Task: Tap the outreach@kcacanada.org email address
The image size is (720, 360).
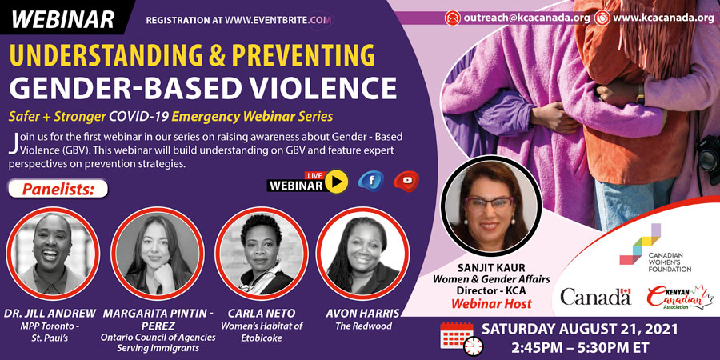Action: [526, 18]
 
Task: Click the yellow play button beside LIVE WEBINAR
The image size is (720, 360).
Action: [337, 182]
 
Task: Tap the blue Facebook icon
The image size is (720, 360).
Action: [371, 181]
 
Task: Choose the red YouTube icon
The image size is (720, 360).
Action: [406, 181]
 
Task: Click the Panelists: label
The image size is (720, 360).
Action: [58, 189]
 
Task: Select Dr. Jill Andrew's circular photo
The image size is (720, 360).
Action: [52, 254]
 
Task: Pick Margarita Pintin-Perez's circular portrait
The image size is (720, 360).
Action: [158, 254]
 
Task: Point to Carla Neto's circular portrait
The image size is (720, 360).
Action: [262, 254]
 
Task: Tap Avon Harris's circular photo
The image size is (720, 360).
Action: [363, 254]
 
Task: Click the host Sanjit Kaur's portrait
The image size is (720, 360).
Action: [490, 206]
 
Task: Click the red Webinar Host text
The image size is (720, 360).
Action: [491, 303]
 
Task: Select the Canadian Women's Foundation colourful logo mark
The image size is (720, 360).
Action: [640, 244]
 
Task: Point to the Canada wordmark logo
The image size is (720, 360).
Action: [595, 296]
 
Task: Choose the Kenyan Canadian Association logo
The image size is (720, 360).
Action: [680, 297]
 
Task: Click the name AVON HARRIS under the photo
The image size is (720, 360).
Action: [362, 314]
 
